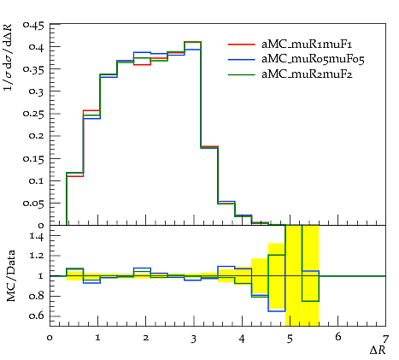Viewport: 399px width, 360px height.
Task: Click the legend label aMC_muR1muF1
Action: click(x=307, y=44)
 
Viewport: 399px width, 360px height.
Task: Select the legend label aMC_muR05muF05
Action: click(x=313, y=59)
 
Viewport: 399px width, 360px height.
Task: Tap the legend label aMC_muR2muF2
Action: click(x=307, y=74)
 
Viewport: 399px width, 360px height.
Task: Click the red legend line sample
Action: click(x=241, y=44)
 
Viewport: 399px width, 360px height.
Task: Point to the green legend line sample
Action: click(x=241, y=74)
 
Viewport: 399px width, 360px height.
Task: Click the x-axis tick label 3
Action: click(x=194, y=339)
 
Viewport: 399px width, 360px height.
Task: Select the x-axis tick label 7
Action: click(x=385, y=339)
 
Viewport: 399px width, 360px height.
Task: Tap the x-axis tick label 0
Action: click(x=50, y=339)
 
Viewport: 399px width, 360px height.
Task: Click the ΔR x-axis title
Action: click(x=378, y=350)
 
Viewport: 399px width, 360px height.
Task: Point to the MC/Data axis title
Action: click(x=11, y=275)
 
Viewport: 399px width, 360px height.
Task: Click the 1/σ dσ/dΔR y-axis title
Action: click(x=9, y=56)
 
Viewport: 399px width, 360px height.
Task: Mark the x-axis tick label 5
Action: click(x=290, y=339)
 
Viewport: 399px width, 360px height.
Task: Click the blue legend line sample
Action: click(x=241, y=59)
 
